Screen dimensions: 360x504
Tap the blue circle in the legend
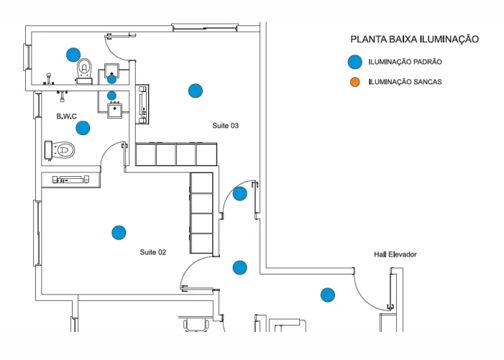tap(354, 63)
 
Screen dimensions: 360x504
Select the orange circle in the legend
tap(354, 82)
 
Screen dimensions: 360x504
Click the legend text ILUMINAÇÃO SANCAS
tap(405, 82)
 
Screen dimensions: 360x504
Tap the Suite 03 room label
tap(225, 126)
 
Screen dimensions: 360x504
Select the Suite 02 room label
tap(153, 252)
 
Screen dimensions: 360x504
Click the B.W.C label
tap(67, 116)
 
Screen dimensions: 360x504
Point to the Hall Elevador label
tap(395, 254)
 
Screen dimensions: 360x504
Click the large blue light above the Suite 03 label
tap(195, 91)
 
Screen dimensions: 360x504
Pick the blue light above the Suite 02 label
tap(119, 232)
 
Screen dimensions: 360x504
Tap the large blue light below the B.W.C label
tap(83, 128)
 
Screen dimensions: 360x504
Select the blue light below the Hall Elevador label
tap(328, 295)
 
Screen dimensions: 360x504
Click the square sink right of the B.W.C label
tap(114, 110)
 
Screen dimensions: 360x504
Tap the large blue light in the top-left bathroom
tap(73, 54)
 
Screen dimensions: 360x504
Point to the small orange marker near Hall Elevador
tap(354, 271)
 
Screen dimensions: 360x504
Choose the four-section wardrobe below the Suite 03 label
tap(176, 154)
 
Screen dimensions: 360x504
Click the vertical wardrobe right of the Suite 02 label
tap(202, 213)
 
